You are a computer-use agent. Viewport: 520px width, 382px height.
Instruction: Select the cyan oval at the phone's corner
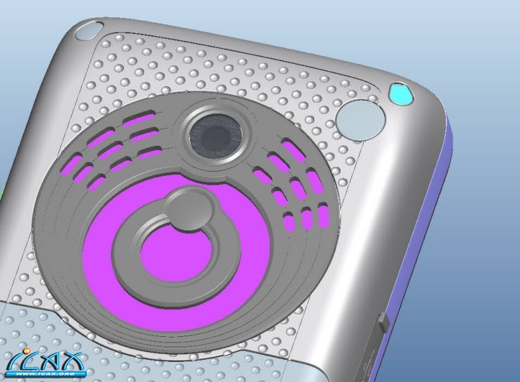point(401,94)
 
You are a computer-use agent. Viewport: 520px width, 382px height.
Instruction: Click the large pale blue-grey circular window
point(361,119)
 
